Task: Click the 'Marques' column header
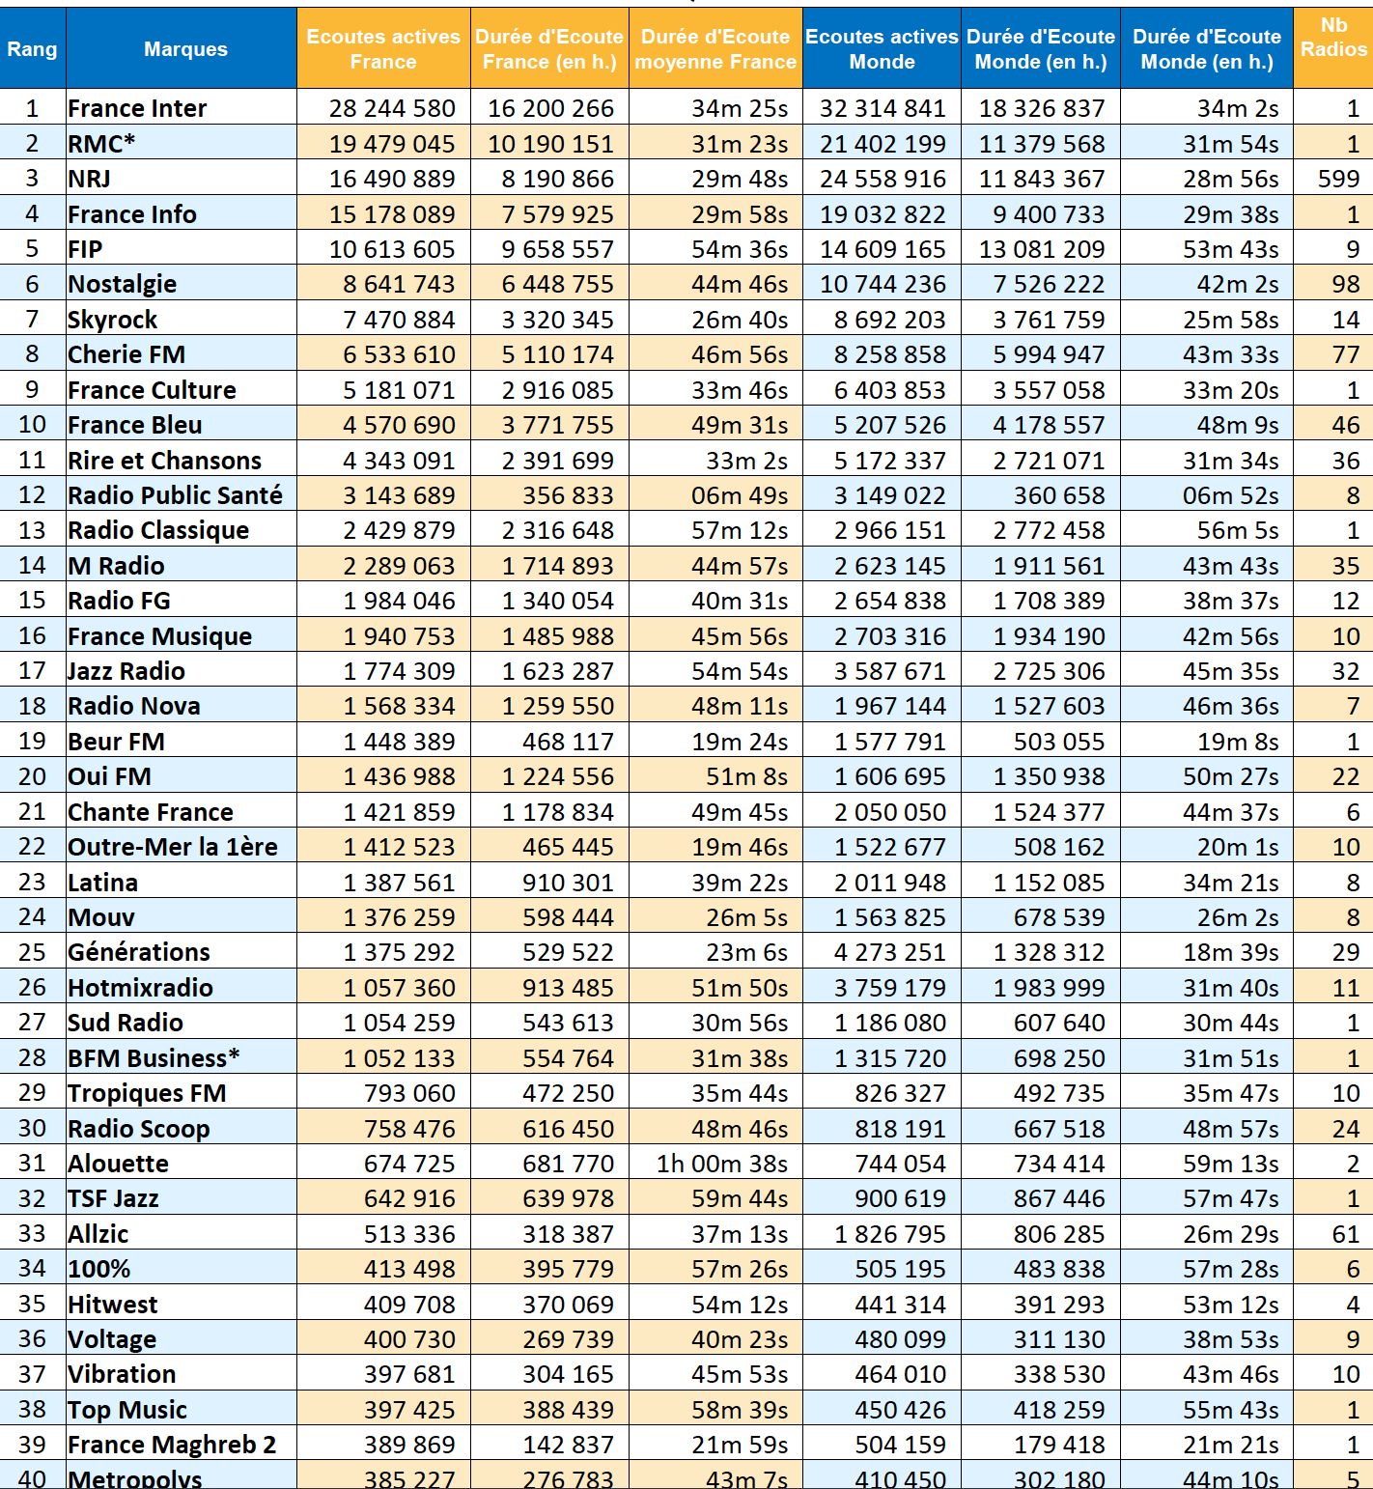tap(185, 48)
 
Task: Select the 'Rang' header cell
tap(32, 48)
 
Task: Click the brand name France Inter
tap(137, 108)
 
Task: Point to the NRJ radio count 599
tap(1338, 179)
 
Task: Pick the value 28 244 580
tap(391, 108)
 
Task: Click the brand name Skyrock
tap(112, 320)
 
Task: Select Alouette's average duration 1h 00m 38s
tap(721, 1164)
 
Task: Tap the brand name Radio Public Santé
tap(175, 495)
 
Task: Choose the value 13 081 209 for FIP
tap(1041, 249)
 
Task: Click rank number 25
tap(32, 952)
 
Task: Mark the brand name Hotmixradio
tap(140, 988)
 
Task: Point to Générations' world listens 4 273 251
tap(889, 952)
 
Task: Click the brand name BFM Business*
tap(154, 1058)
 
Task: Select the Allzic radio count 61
tap(1345, 1234)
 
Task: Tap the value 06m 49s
tap(739, 495)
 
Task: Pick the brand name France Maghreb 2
tap(172, 1445)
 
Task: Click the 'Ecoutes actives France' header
tap(383, 48)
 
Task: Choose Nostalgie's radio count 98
tap(1345, 284)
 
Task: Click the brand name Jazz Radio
tap(126, 671)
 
